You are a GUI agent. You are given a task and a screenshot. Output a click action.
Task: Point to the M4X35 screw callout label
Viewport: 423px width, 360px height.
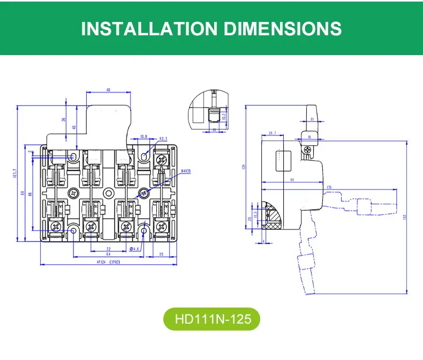186,171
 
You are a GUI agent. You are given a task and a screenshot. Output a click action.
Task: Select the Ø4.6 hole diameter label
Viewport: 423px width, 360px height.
135,249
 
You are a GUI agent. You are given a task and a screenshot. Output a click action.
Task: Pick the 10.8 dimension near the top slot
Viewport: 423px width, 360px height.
143,137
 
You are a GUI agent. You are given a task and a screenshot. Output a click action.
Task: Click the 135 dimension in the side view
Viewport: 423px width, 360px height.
328,187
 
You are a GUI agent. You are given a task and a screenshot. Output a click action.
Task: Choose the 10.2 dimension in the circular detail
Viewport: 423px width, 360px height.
224,115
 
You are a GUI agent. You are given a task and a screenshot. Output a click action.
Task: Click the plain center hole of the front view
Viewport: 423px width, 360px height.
108,193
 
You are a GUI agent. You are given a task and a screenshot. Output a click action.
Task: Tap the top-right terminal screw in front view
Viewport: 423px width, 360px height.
162,159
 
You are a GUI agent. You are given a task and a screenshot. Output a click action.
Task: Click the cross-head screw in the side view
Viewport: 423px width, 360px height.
307,151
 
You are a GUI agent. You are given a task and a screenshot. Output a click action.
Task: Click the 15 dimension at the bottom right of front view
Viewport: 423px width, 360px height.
161,254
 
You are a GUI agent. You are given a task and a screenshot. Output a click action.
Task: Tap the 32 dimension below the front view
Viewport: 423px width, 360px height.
109,249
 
